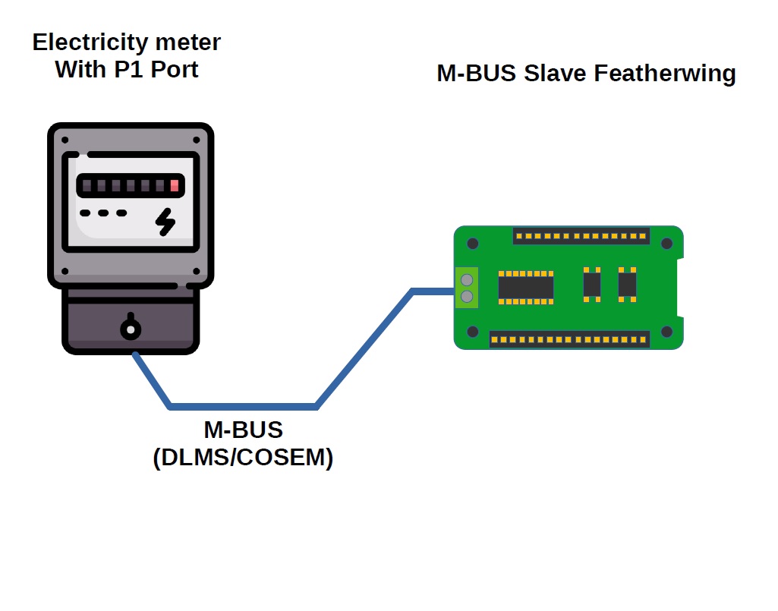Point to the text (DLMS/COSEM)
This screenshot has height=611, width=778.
[243, 458]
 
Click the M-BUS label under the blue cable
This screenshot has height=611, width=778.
[243, 430]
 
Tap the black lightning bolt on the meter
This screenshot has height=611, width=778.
[165, 221]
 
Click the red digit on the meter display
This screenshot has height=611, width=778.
[175, 185]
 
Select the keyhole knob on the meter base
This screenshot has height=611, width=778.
[131, 329]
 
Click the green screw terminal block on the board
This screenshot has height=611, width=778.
[467, 288]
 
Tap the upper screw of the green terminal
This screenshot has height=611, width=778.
[467, 280]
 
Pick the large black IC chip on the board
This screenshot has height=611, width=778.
[525, 287]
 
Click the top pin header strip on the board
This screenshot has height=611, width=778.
[581, 235]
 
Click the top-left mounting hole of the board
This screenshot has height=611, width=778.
[472, 244]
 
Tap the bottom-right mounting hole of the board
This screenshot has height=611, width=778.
[667, 332]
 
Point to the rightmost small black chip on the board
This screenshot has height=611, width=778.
[627, 285]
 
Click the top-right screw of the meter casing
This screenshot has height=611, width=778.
[197, 140]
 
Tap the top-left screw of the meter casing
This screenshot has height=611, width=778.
[65, 140]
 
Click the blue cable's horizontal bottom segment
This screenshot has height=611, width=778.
[243, 406]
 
